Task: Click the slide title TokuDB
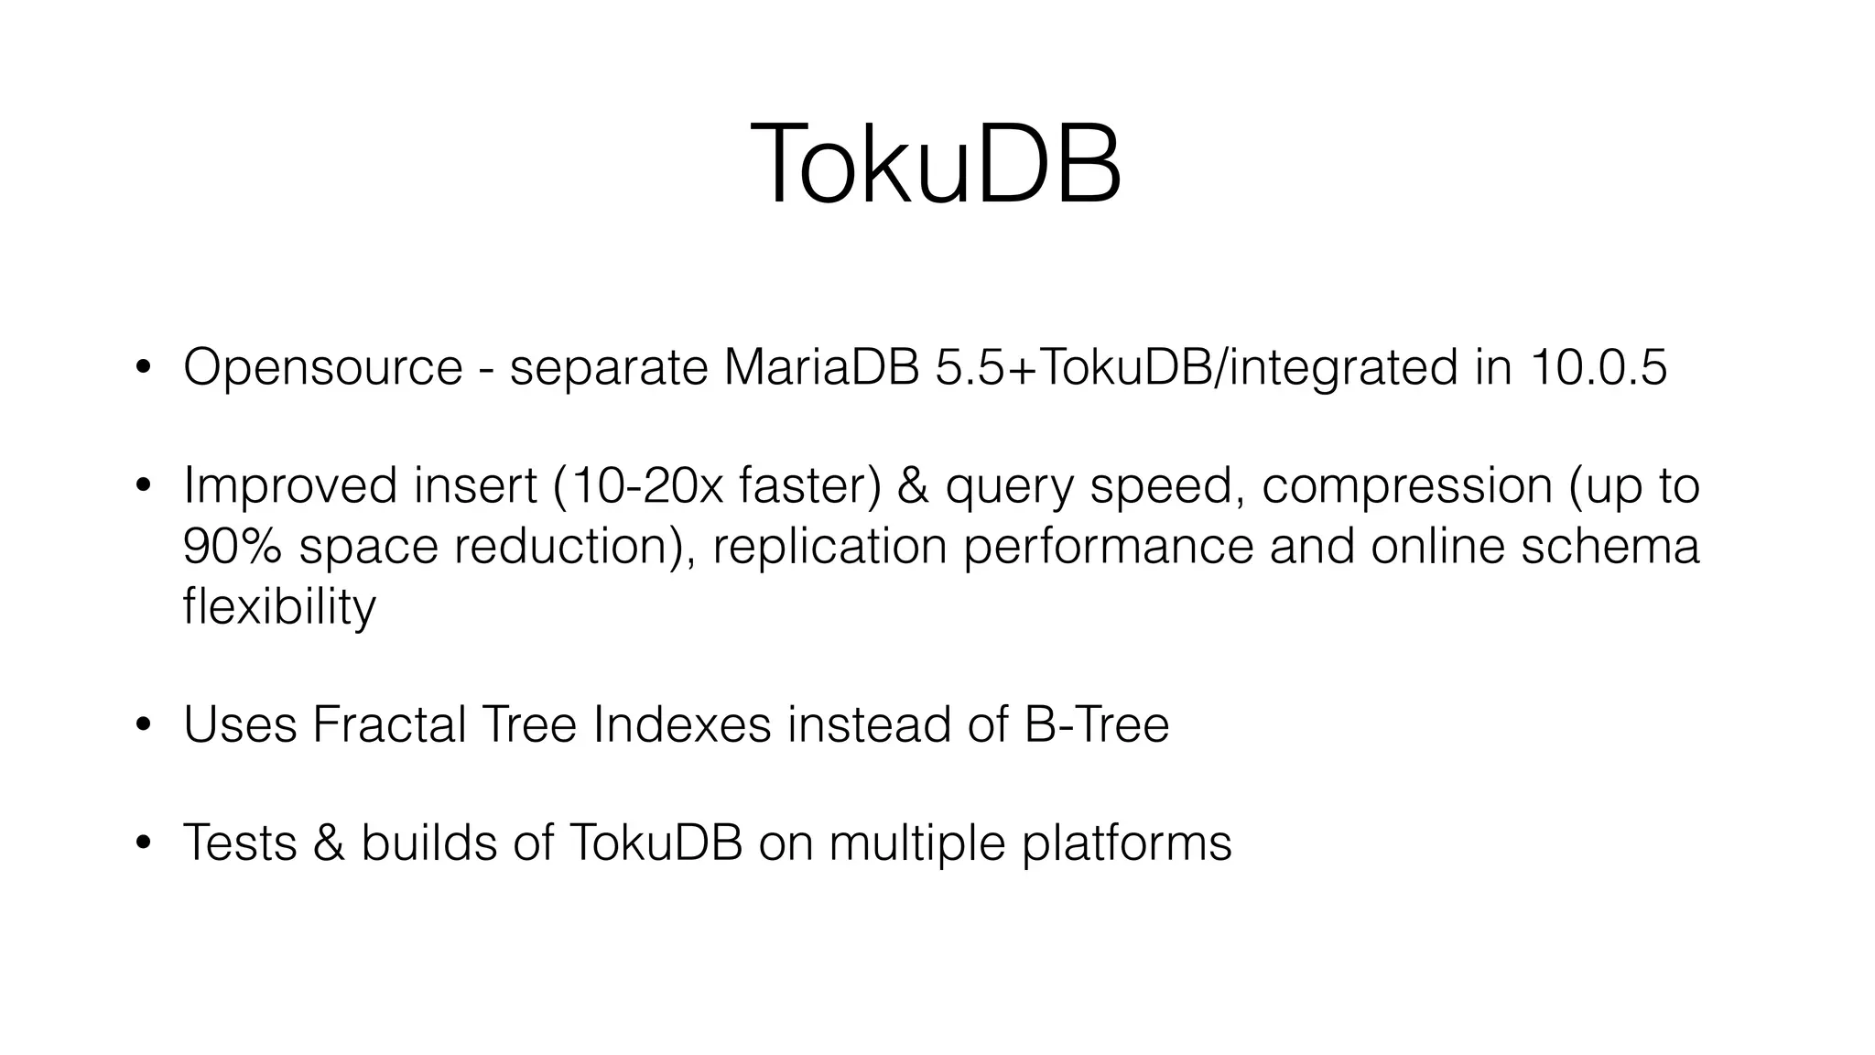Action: (x=936, y=167)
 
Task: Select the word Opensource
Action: (x=323, y=367)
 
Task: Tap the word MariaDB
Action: (x=821, y=367)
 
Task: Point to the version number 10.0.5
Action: (x=1598, y=367)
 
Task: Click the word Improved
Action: (x=290, y=485)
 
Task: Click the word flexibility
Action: (x=279, y=606)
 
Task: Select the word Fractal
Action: (x=389, y=724)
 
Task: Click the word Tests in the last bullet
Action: (x=240, y=843)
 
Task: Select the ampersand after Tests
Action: (x=329, y=843)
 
